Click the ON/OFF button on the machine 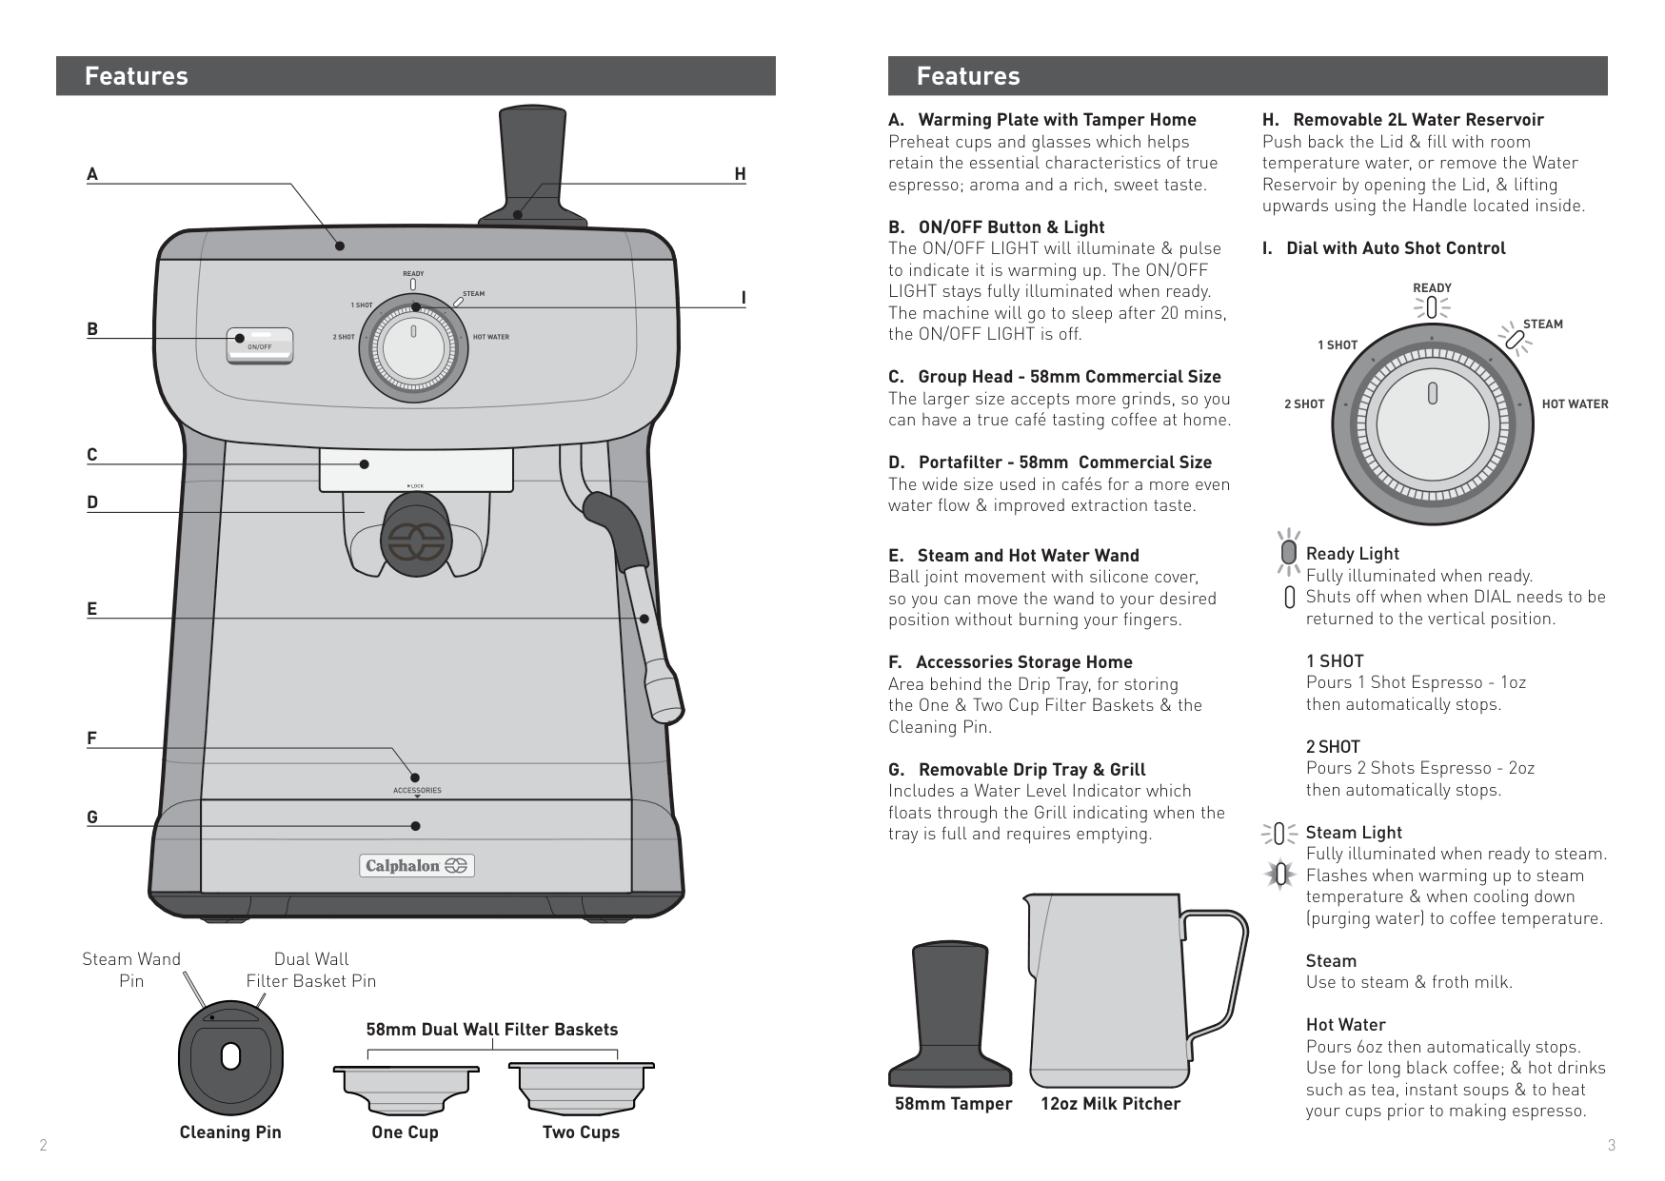[260, 344]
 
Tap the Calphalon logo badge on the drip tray [416, 866]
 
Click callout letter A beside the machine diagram [92, 174]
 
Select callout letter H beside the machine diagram [740, 174]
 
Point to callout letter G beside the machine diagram [92, 817]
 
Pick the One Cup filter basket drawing [406, 1086]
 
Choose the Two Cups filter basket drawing [581, 1086]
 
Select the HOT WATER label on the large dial [1575, 404]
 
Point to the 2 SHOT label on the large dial [1303, 404]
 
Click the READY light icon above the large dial [1432, 308]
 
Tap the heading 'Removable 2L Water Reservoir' [1417, 120]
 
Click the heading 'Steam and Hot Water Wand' [1028, 556]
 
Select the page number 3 [1611, 1146]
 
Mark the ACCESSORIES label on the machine [417, 791]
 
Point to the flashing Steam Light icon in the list [1280, 875]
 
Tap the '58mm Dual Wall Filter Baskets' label [492, 1030]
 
